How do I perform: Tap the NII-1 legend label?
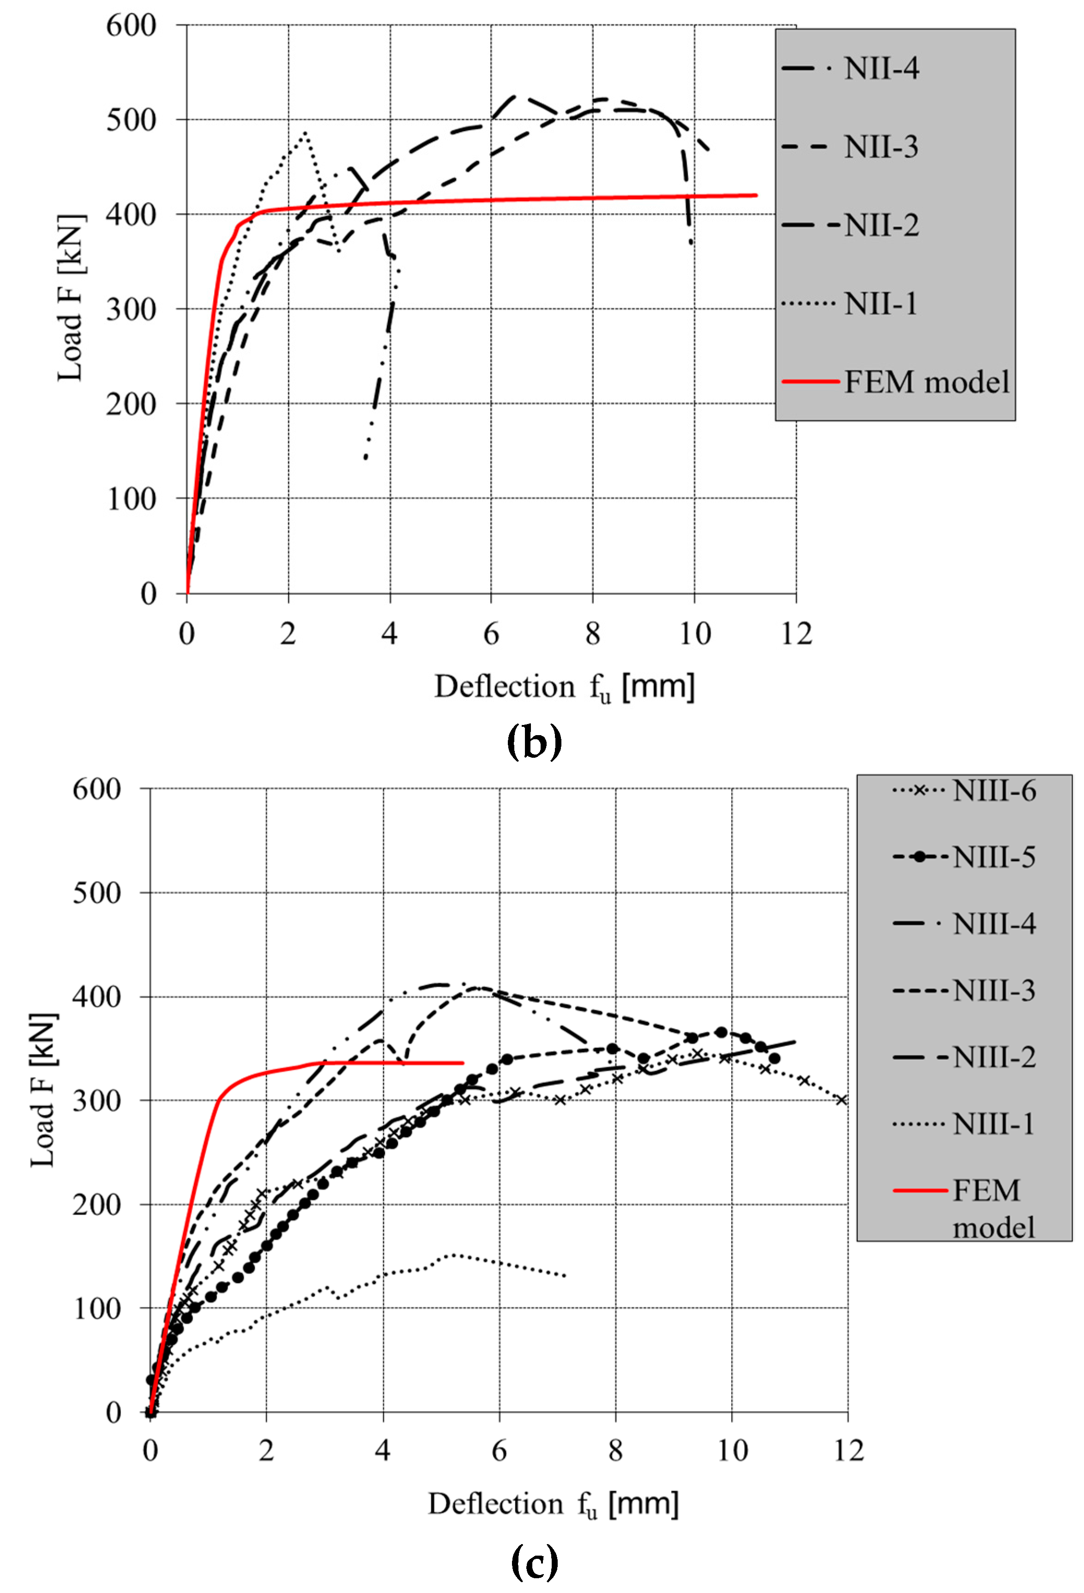881,303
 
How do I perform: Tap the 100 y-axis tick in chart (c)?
97,1309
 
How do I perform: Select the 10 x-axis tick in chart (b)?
694,634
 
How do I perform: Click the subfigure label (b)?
534,742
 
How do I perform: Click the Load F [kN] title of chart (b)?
71,298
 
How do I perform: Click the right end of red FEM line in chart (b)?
756,195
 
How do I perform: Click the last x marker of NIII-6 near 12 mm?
842,1100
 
